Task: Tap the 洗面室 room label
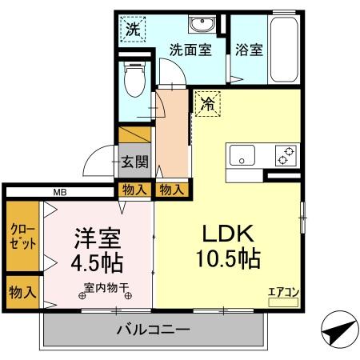click(190, 50)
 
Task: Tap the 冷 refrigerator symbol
click(206, 103)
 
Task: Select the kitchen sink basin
click(240, 155)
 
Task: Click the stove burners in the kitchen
click(285, 154)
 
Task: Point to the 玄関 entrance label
click(134, 162)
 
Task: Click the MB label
click(60, 192)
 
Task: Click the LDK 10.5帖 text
click(226, 246)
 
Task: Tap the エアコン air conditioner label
click(283, 293)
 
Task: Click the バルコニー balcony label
click(152, 330)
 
